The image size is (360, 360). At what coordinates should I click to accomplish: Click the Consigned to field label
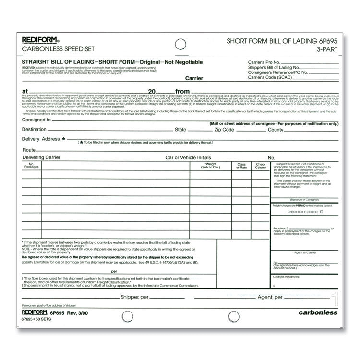[x=36, y=120]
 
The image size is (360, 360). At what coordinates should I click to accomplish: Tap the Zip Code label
[x=225, y=130]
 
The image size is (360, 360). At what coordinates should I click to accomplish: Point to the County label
[x=276, y=130]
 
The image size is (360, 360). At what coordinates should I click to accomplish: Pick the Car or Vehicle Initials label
[x=188, y=157]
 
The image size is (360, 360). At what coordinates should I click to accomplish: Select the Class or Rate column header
[x=241, y=166]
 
